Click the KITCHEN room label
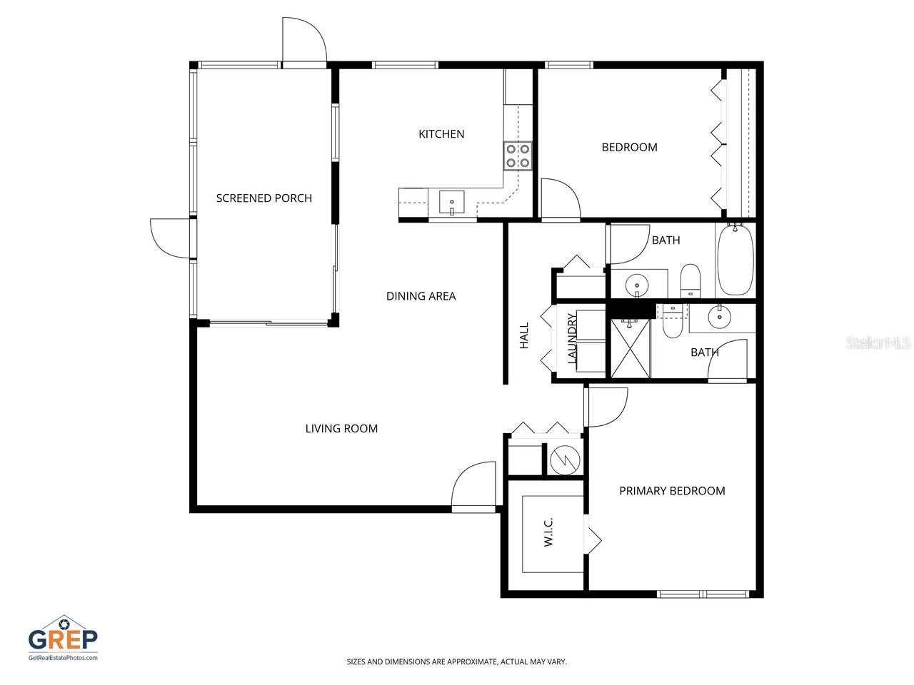coord(441,134)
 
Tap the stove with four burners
coord(518,156)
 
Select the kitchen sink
coord(451,202)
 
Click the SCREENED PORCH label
coord(264,198)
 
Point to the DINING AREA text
coord(421,296)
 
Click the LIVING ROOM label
coord(341,429)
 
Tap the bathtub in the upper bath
coord(735,260)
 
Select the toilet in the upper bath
coord(690,280)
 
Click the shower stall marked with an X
coord(630,347)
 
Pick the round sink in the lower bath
coord(720,315)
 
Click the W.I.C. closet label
coord(548,532)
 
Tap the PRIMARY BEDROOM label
coord(672,491)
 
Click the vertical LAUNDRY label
coord(572,339)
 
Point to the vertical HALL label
coord(524,335)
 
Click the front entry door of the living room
coord(474,489)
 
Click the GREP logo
coord(63,637)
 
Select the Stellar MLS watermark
coord(878,343)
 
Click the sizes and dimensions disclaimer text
coord(456,662)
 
